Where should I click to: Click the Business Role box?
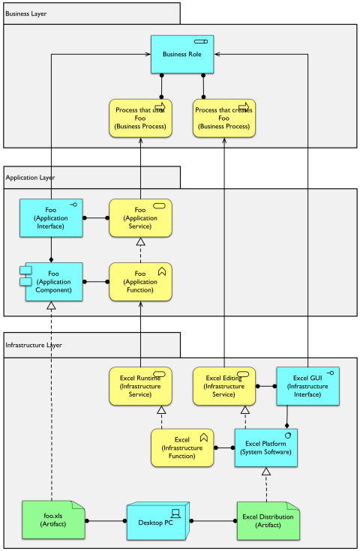182,54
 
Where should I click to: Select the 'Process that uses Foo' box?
140,118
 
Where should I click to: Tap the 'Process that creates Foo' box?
223,118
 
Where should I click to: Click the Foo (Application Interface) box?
51,217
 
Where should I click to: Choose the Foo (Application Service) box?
140,217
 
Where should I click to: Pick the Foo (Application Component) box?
53,281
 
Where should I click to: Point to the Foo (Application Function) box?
140,281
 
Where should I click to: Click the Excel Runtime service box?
140,385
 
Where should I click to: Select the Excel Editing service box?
224,385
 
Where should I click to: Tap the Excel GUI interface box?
307,385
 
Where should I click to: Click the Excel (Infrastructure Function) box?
182,448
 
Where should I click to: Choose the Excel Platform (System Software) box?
266,448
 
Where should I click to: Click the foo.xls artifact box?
51,520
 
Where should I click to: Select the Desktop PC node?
157,520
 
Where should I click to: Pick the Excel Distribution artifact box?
266,520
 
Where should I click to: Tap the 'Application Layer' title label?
31,178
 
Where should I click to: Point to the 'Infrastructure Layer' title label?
34,345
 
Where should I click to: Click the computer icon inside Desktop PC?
175,513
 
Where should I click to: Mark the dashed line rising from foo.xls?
51,405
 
